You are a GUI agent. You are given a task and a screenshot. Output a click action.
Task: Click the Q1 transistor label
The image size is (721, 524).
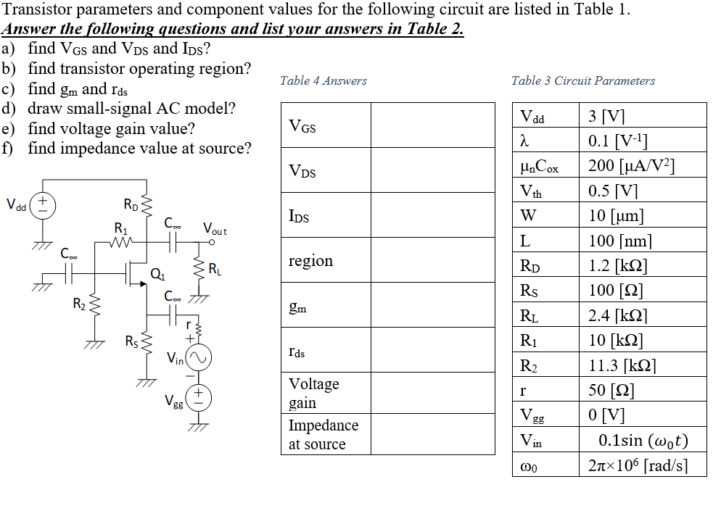(157, 273)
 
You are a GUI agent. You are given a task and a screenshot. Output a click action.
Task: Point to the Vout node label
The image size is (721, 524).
(215, 230)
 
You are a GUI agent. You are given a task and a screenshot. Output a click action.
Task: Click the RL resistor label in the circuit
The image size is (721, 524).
(215, 270)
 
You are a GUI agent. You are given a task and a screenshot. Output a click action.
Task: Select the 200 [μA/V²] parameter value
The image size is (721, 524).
(632, 165)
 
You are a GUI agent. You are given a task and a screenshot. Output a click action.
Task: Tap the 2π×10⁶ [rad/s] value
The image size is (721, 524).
(638, 465)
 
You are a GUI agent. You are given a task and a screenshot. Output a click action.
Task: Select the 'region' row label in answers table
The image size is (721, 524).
(310, 261)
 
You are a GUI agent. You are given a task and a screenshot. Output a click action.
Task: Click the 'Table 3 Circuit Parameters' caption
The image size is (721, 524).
(582, 81)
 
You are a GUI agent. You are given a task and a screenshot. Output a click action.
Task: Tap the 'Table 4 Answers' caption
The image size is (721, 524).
(323, 81)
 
